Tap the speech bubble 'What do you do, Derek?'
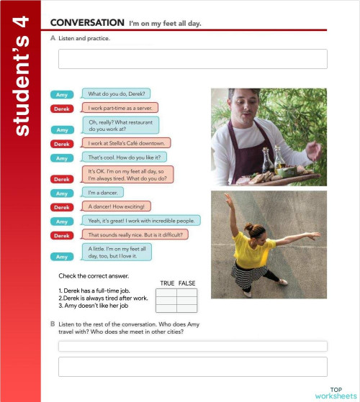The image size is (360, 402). (117, 93)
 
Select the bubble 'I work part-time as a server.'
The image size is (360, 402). (120, 109)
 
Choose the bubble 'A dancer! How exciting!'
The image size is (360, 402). (117, 206)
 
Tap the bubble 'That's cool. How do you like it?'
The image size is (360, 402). (125, 157)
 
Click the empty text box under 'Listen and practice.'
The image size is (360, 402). (192, 59)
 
